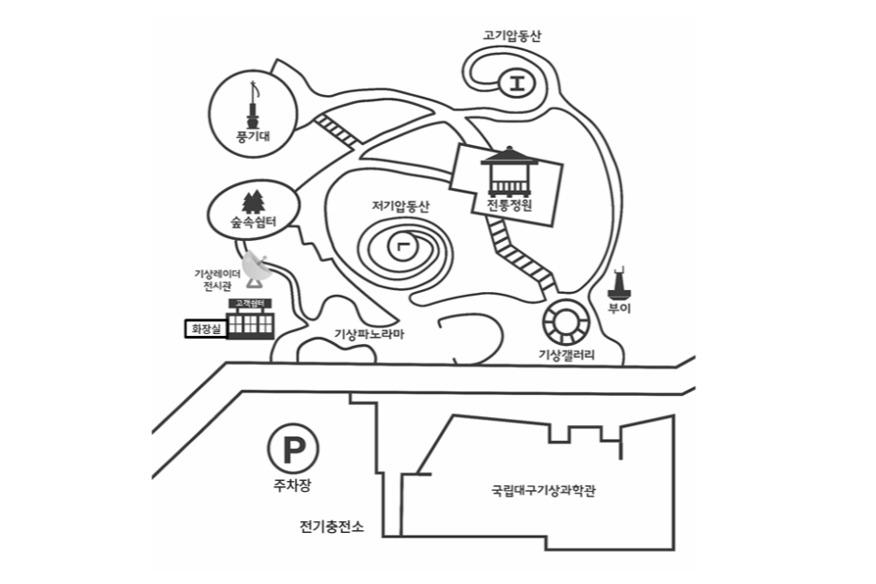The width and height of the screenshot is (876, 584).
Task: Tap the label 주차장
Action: point(293,485)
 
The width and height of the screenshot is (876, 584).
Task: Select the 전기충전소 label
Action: point(331,527)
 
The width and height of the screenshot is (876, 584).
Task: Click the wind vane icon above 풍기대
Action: point(253,105)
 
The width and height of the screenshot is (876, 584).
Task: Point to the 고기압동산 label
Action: point(512,36)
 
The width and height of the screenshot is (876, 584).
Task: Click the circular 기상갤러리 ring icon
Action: point(562,322)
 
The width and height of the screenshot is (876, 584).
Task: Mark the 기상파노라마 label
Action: point(369,334)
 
